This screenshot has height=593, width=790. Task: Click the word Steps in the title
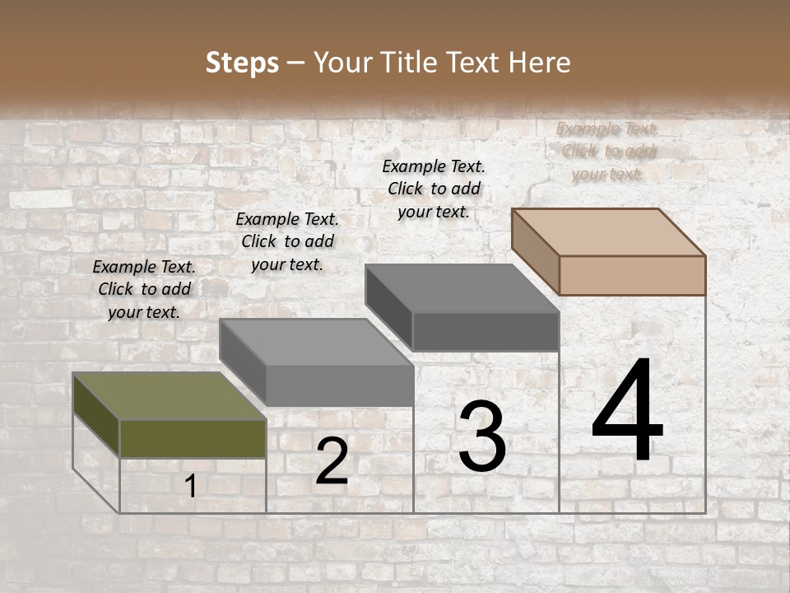coord(242,63)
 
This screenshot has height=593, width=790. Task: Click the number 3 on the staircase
coord(481,437)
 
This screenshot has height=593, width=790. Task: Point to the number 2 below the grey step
coord(332,461)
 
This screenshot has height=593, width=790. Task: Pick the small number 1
coord(190,487)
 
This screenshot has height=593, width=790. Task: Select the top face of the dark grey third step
coord(461,288)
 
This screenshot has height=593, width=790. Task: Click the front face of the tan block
coord(632,275)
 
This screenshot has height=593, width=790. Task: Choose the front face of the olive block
coord(193,438)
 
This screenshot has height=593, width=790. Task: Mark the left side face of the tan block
coord(535,250)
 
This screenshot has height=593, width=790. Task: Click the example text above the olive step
coord(144,289)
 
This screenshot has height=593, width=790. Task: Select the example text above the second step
coord(287,241)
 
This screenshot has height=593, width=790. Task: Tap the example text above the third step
coord(434,189)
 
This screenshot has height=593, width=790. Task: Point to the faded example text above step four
coord(607,151)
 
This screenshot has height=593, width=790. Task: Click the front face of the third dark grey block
coord(486,331)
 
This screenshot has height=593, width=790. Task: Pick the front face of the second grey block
coord(339,385)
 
